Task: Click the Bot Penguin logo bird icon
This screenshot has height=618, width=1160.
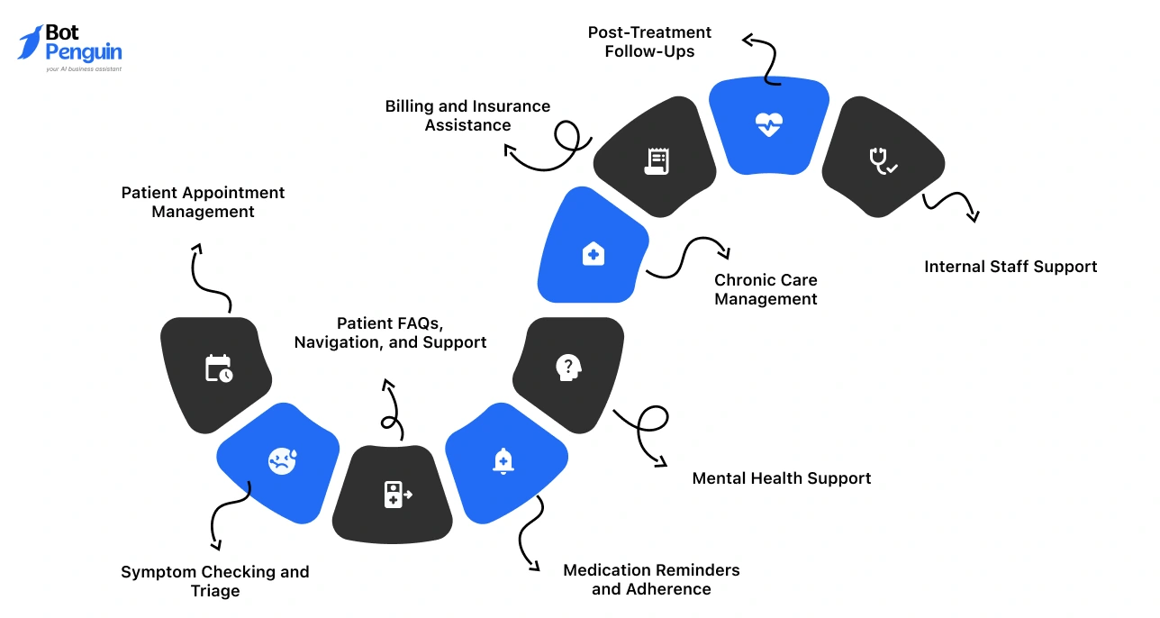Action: pyautogui.click(x=31, y=42)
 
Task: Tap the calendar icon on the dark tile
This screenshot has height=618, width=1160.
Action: pyautogui.click(x=219, y=368)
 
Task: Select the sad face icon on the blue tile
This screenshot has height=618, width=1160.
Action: pyautogui.click(x=282, y=461)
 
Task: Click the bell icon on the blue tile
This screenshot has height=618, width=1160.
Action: pyautogui.click(x=503, y=460)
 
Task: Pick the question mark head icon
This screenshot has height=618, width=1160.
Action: pyautogui.click(x=567, y=367)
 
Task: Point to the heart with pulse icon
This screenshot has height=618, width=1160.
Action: pyautogui.click(x=768, y=125)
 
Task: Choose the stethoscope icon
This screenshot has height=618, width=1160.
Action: pyautogui.click(x=882, y=160)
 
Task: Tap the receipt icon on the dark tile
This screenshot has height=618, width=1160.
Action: pyautogui.click(x=657, y=161)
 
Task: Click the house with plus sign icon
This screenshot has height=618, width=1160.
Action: pyautogui.click(x=593, y=254)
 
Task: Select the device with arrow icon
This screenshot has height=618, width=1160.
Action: pyautogui.click(x=397, y=495)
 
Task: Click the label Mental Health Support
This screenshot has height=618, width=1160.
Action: pyautogui.click(x=781, y=478)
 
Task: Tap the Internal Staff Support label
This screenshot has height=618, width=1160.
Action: pyautogui.click(x=1010, y=267)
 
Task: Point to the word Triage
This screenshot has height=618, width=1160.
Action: pyautogui.click(x=215, y=591)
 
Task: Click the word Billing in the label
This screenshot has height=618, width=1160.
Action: pyautogui.click(x=410, y=106)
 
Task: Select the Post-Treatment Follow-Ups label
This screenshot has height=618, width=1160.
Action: pyautogui.click(x=649, y=42)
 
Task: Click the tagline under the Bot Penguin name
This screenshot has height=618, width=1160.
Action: pyautogui.click(x=84, y=69)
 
